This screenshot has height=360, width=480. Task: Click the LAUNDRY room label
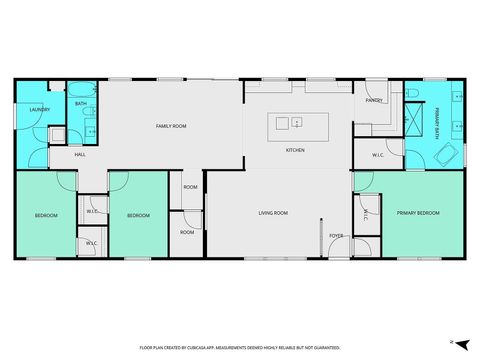(x=39, y=110)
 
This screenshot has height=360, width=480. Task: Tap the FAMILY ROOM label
(x=171, y=126)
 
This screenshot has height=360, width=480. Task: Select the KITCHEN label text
(x=295, y=150)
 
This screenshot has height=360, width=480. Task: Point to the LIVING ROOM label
(x=273, y=213)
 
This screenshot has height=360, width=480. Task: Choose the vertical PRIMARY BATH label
(x=437, y=121)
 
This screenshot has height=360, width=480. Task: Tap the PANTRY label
(x=375, y=101)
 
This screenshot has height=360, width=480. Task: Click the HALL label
(x=79, y=155)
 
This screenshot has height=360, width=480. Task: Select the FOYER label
(x=336, y=236)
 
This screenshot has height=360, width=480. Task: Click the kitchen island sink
(x=283, y=124)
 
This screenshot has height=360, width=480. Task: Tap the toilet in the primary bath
(x=412, y=93)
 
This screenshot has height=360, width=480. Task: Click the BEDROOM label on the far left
(x=46, y=216)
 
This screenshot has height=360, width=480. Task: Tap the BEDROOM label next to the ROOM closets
(x=138, y=216)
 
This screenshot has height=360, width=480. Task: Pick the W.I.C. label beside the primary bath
(x=379, y=155)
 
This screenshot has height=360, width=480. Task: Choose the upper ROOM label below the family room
(x=190, y=187)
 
